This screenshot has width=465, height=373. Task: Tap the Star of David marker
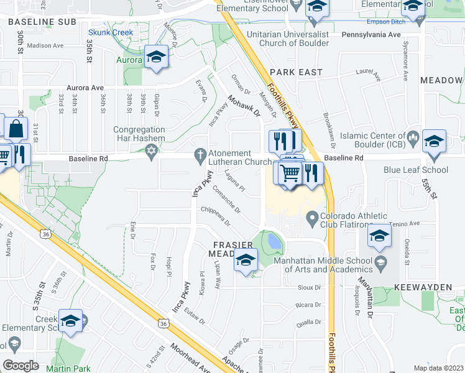point(150,152)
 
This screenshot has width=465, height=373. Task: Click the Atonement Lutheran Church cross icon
point(200,154)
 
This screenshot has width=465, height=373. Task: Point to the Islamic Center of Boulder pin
point(412,137)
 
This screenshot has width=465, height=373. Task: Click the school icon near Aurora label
point(156,58)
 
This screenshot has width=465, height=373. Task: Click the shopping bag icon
point(16,129)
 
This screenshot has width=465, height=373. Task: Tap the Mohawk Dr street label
point(243,105)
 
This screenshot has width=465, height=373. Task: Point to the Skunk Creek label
point(111,32)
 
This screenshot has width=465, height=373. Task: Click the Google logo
point(21,365)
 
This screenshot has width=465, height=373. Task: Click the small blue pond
point(273,240)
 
